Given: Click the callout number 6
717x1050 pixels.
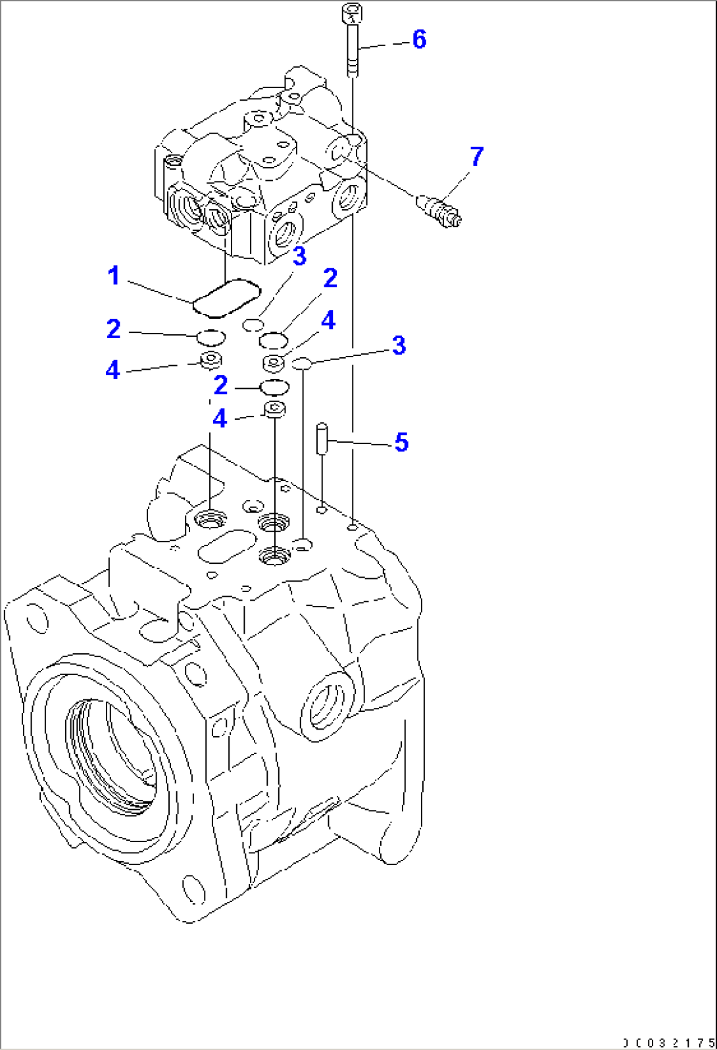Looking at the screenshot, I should coord(419,39).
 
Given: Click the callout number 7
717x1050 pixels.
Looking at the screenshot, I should coord(476,157).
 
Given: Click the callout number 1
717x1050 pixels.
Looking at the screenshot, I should coord(114,276).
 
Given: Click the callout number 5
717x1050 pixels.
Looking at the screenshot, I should coord(401,442).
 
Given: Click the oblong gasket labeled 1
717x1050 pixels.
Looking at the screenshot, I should coord(226,297).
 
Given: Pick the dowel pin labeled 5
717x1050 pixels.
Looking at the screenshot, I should coord(322,438).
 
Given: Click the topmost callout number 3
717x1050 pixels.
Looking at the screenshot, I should coord(299,256).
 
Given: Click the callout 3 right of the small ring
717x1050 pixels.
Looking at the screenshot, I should coord(399,345).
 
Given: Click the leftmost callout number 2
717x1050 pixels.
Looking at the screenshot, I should coord(114,329).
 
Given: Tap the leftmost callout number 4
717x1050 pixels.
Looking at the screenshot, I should coord(112,370).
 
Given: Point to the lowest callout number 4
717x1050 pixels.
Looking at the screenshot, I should coord(220,418).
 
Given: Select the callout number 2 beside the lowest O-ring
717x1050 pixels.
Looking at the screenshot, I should coord(221,385).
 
